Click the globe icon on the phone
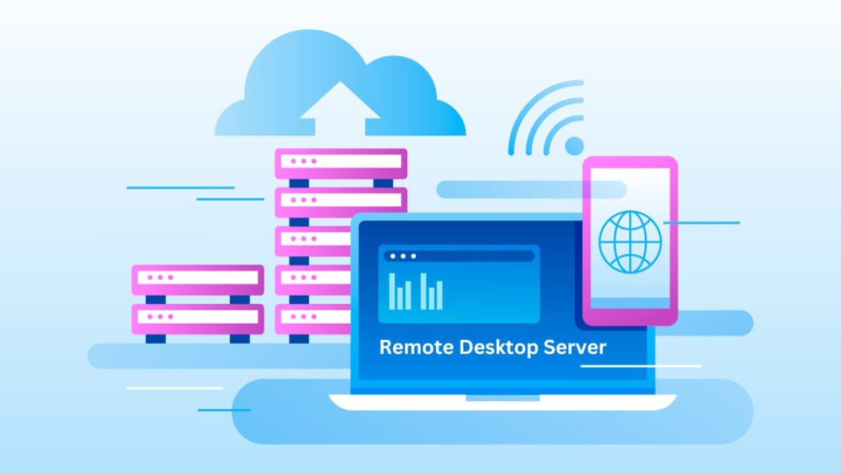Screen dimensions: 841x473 pos(630,242)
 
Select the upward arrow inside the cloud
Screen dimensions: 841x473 pos(340,108)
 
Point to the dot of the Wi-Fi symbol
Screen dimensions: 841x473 pos(575,146)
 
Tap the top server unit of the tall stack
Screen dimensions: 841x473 pos(341,163)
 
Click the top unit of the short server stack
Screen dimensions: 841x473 pos(198,280)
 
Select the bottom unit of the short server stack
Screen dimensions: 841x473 pos(198,319)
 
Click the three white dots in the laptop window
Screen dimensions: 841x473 pos(403,256)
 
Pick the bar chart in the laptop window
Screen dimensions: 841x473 pos(416,292)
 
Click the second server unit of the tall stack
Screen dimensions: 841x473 pos(341,203)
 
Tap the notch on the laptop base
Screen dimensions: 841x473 pos(502,398)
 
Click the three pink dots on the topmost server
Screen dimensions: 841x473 pos(303,161)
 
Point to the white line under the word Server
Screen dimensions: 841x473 pos(641,366)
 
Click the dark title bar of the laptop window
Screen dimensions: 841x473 pos(459,256)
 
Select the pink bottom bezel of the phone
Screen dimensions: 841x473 pos(630,317)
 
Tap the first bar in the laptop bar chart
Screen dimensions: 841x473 pos(392,292)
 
